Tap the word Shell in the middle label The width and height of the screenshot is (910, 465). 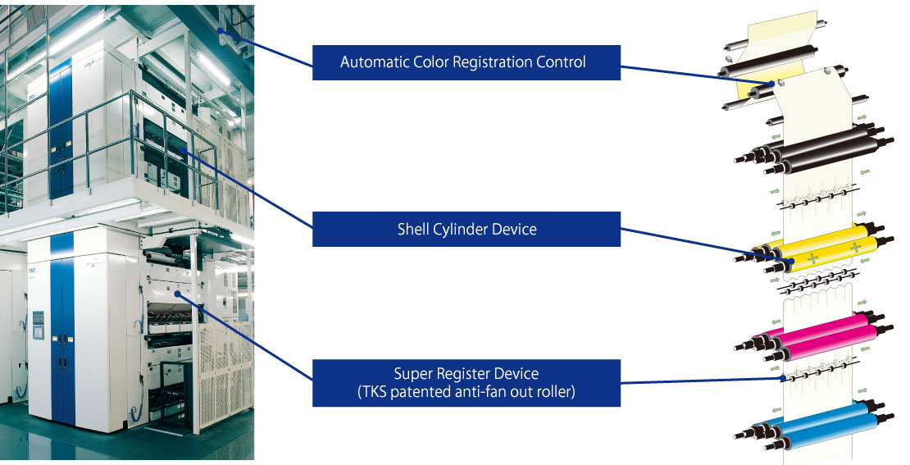point(413,229)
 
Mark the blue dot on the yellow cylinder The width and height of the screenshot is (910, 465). point(791,262)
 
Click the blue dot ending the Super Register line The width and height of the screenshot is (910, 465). point(784,376)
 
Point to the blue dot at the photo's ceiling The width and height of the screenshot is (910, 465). point(221,30)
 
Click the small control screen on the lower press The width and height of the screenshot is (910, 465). point(38,323)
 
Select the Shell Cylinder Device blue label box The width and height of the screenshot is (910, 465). point(466,229)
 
